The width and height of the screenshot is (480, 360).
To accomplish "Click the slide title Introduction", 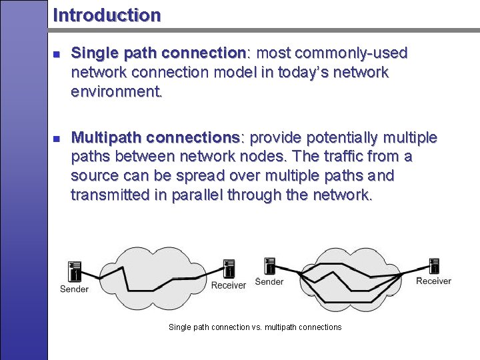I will [107, 15].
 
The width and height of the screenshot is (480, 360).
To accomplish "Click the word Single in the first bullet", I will [93, 53].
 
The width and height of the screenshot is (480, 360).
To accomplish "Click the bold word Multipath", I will [107, 138].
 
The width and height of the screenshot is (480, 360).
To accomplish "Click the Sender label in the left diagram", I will [74, 289].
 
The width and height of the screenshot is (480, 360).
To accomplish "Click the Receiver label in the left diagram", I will [229, 285].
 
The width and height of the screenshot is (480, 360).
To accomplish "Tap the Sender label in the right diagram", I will [269, 282].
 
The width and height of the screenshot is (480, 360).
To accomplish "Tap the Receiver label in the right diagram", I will [433, 281].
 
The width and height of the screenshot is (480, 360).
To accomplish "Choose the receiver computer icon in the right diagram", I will [434, 265].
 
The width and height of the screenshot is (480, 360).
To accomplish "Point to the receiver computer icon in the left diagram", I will [229, 269].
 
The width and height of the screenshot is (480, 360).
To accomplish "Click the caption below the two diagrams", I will [255, 327].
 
